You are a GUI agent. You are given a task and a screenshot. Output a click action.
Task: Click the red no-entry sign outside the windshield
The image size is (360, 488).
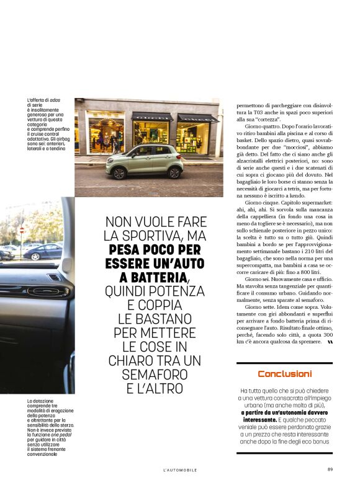22,230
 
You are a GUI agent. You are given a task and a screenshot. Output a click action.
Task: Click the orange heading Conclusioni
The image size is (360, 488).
285,374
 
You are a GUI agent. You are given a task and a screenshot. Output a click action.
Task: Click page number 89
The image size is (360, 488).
330,469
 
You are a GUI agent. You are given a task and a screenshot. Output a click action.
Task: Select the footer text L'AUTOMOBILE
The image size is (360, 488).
180,470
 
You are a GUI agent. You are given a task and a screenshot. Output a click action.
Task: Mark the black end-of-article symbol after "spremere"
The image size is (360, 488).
330,342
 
